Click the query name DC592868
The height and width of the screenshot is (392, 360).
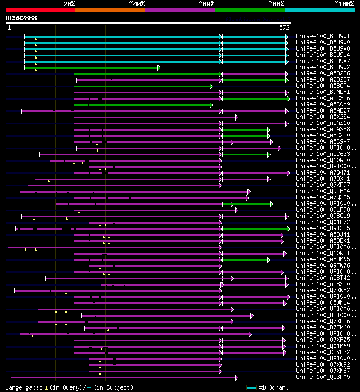pyautogui.click(x=21, y=18)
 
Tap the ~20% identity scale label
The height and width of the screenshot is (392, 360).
pyautogui.click(x=69, y=3)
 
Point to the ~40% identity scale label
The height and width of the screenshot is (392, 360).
pyautogui.click(x=137, y=3)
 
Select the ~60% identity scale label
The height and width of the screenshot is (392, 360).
pyautogui.click(x=206, y=3)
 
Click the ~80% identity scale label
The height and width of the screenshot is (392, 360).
pyautogui.click(x=276, y=3)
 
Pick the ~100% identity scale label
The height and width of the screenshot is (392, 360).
pyautogui.click(x=344, y=3)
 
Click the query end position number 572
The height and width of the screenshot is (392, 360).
pyautogui.click(x=284, y=27)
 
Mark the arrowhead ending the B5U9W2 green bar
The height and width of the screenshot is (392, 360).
pyautogui.click(x=159, y=68)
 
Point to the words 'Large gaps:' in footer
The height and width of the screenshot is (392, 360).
pyautogui.click(x=22, y=387)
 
